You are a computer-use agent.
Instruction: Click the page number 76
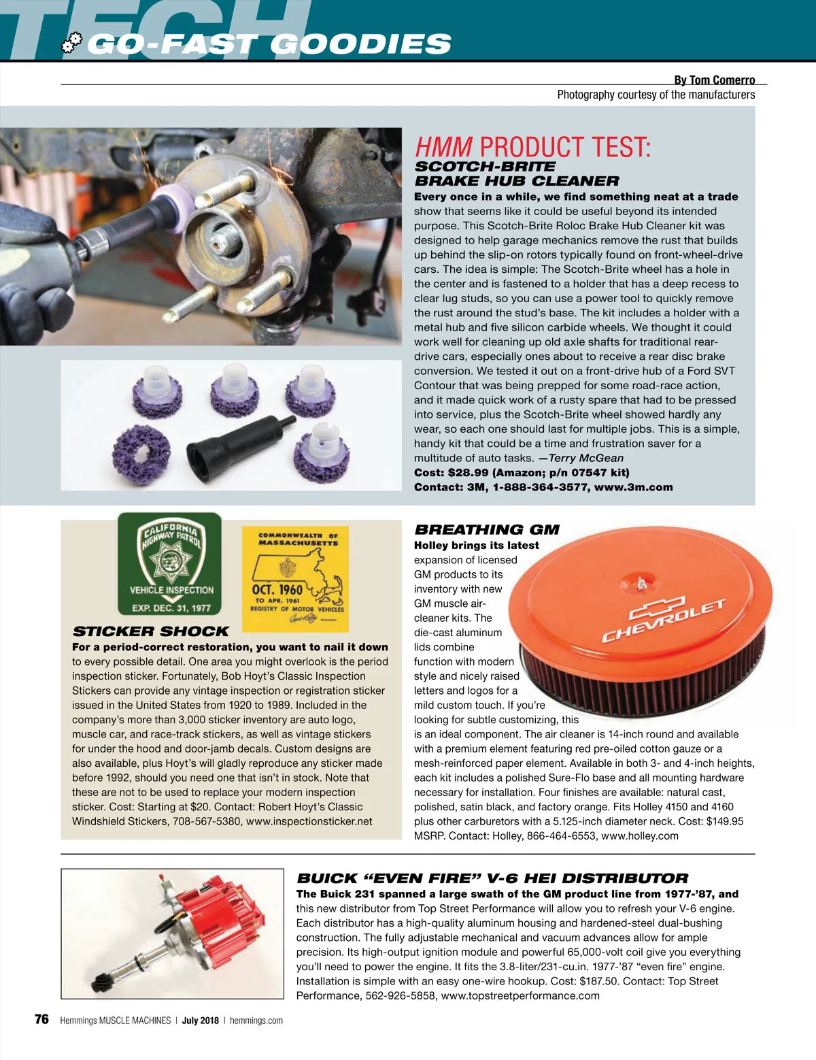pos(41,1019)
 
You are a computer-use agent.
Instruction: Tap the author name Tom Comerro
pos(721,80)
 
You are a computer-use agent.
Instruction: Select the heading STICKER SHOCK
pos(150,631)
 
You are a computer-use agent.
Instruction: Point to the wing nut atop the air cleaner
pos(641,582)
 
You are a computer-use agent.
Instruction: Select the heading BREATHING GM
pos(486,529)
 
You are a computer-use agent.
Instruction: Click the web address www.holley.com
pos(639,835)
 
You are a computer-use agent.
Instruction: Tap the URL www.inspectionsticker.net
pos(309,821)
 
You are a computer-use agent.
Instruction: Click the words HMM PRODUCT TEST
pos(532,147)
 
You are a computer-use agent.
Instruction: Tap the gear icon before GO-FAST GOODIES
pos(71,44)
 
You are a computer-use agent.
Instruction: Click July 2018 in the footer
pos(200,1021)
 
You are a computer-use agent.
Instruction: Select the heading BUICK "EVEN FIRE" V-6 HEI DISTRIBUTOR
pos(492,878)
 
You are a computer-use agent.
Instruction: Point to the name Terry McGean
pos(585,458)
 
